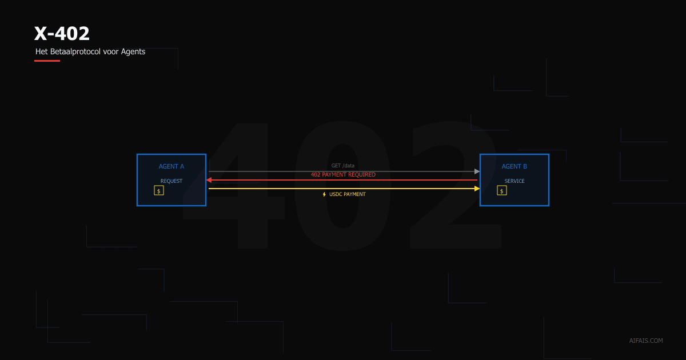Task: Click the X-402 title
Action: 62,34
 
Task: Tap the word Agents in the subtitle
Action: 133,51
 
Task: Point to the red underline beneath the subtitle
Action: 47,61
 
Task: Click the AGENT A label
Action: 171,167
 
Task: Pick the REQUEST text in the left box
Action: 171,181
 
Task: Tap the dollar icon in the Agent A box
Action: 159,191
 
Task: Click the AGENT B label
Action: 514,167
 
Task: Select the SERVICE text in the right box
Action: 514,181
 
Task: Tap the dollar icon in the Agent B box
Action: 502,191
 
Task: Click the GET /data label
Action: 343,166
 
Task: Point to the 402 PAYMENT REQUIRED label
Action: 343,175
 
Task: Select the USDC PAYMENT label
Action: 348,194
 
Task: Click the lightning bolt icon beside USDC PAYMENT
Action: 324,194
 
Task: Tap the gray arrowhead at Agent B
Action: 477,171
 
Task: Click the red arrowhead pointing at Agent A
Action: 209,180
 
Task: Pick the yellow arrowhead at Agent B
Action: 477,189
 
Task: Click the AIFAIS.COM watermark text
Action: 646,341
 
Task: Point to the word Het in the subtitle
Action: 42,51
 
